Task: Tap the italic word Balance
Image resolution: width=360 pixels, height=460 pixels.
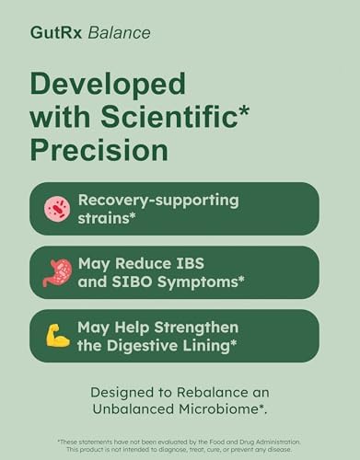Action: (116, 34)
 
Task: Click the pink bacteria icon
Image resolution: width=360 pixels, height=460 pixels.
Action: (57, 209)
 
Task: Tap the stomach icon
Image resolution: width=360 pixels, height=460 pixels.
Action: (57, 273)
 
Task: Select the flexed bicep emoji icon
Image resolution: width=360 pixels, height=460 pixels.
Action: (57, 336)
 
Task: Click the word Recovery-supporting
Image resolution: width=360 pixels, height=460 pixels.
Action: (158, 200)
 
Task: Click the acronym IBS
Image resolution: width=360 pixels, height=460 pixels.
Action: (218, 263)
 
